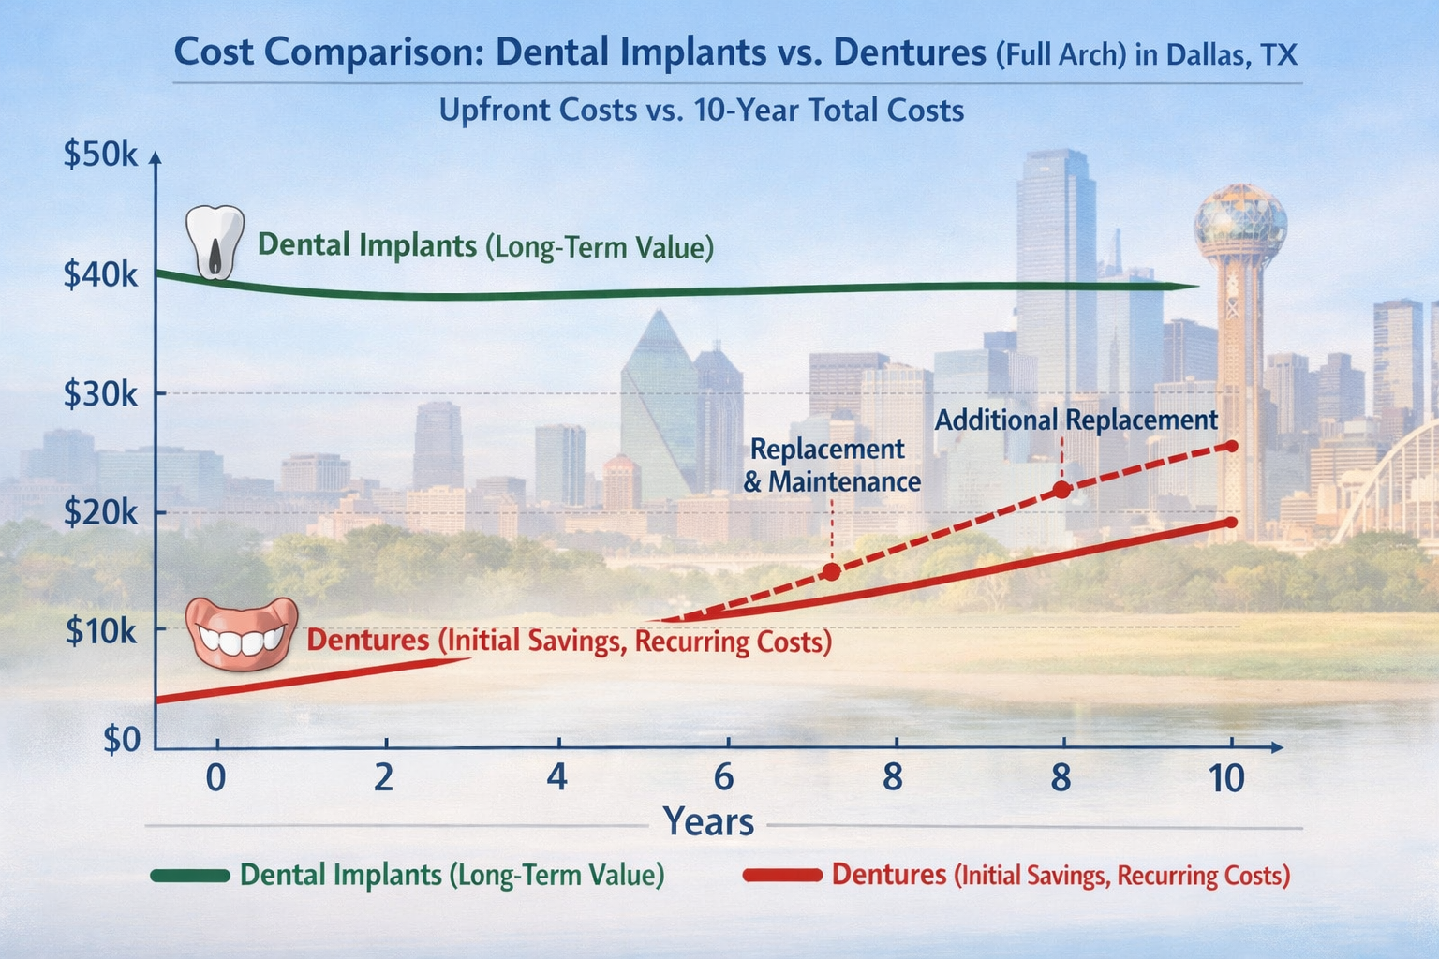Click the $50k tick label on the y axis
(x=99, y=155)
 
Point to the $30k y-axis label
(x=99, y=394)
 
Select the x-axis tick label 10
(x=1226, y=778)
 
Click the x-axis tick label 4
(x=557, y=778)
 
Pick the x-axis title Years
(x=708, y=822)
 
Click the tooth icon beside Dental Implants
(x=215, y=242)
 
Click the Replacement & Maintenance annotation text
(x=831, y=465)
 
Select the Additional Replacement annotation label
(x=1076, y=420)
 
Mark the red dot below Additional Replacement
(x=1061, y=489)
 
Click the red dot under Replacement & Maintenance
(x=830, y=571)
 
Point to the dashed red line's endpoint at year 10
(x=1231, y=446)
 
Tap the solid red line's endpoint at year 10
(x=1231, y=523)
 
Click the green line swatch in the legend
(x=189, y=876)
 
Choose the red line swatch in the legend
(x=781, y=876)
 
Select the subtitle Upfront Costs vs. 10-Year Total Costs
(x=701, y=111)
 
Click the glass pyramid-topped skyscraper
(x=659, y=403)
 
